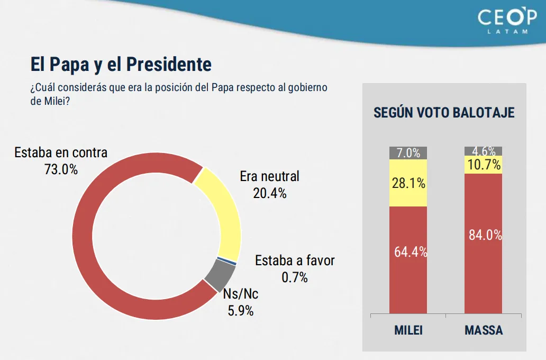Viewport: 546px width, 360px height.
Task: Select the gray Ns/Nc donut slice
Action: (220, 274)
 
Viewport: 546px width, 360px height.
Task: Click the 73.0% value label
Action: (61, 170)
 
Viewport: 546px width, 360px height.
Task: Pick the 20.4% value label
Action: (270, 193)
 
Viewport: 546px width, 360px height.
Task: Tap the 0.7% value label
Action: (295, 277)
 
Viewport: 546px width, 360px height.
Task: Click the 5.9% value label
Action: (241, 311)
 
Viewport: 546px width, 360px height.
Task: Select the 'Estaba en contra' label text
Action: (61, 152)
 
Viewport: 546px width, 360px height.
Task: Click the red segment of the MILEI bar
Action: (408, 275)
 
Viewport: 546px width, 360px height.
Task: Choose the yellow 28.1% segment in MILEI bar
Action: (408, 183)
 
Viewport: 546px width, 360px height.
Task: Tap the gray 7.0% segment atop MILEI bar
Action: (408, 153)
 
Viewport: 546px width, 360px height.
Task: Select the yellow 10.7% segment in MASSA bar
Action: (483, 165)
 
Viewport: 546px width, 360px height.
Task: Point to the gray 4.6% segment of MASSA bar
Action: (483, 151)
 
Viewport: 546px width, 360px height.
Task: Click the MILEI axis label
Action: (408, 331)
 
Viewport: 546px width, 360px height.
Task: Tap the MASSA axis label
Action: (484, 331)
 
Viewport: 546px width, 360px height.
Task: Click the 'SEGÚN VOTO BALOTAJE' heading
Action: (444, 113)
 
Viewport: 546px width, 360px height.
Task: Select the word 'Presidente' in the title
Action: (169, 65)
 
